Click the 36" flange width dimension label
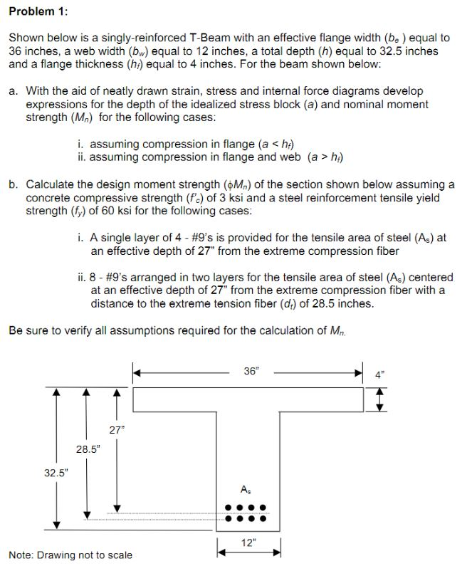(x=249, y=372)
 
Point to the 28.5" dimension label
(x=89, y=449)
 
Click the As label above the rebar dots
(x=246, y=488)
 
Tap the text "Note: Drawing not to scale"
(x=70, y=555)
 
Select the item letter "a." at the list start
(x=14, y=91)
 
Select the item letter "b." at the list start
(x=14, y=185)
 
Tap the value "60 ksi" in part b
(x=71, y=211)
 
